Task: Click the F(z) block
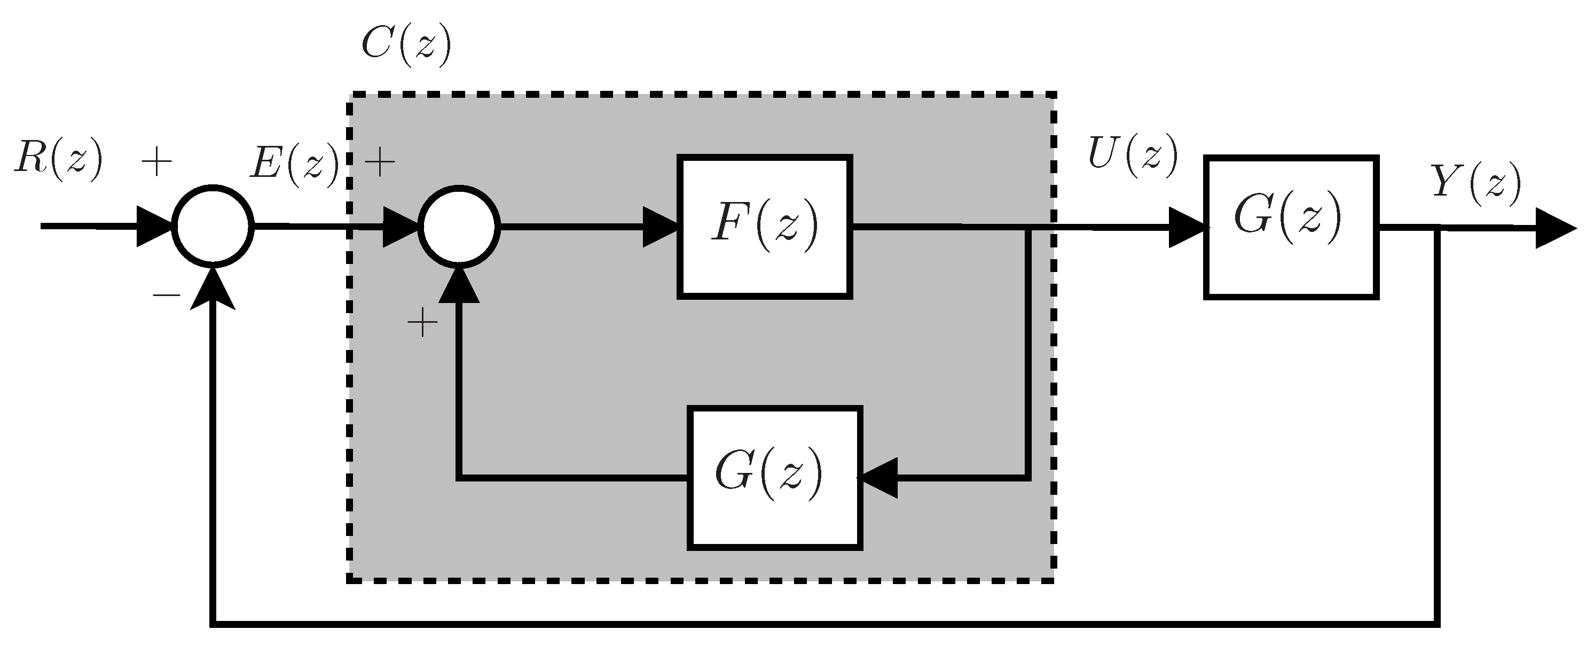[x=765, y=227]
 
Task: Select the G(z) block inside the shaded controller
[x=774, y=477]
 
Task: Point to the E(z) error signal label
[x=295, y=164]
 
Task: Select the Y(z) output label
[x=1477, y=184]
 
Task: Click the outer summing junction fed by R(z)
[x=213, y=227]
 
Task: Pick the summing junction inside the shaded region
[x=459, y=227]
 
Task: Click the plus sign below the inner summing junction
[x=422, y=323]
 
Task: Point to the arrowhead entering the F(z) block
[x=661, y=227]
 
